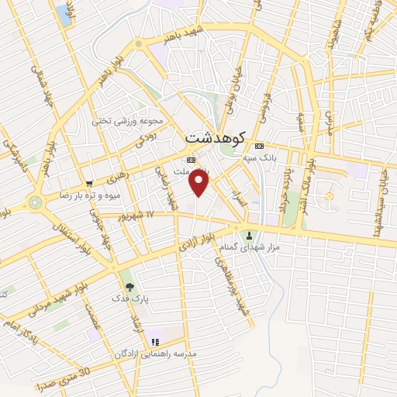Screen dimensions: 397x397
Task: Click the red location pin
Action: click(x=199, y=183)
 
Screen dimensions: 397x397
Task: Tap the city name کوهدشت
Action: click(x=215, y=136)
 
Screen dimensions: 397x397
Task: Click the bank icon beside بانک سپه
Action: click(x=259, y=146)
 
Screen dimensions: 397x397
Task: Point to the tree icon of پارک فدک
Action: click(x=129, y=287)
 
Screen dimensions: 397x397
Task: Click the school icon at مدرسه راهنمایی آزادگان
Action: click(x=155, y=341)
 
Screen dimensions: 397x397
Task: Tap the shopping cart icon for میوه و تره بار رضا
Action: click(x=90, y=183)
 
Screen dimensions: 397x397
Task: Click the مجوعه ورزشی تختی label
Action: click(x=126, y=121)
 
